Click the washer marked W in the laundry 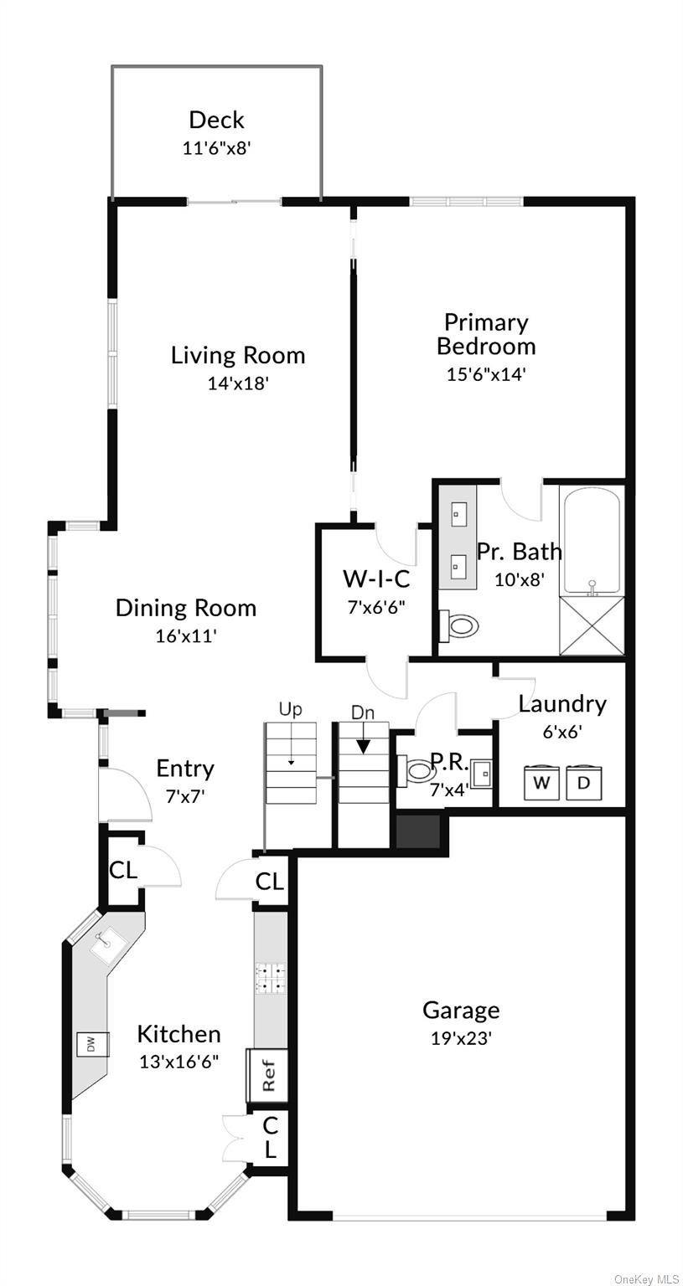542,783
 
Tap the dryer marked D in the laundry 584,783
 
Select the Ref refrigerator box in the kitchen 267,1075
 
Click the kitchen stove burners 270,978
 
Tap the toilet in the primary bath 458,625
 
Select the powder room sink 481,773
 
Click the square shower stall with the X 592,626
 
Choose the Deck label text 216,120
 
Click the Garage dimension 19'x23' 460,1038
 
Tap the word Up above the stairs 290,710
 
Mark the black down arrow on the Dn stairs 365,745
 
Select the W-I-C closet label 376,579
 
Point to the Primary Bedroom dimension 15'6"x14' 485,374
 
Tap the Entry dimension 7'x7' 185,796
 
